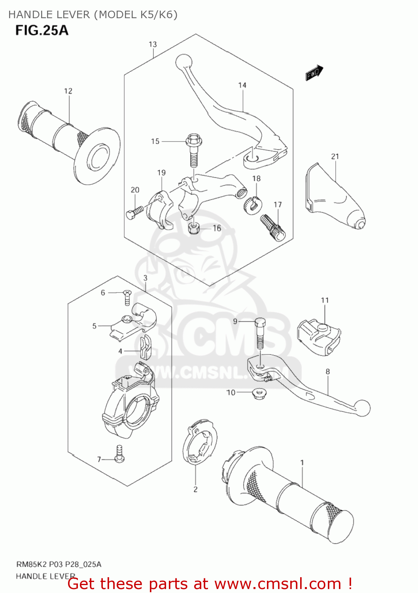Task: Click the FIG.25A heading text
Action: (x=42, y=30)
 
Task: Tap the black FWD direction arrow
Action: (x=314, y=73)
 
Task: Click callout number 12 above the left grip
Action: (x=68, y=91)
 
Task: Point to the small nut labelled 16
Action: (x=194, y=228)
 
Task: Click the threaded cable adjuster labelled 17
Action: (x=272, y=227)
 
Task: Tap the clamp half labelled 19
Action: (x=160, y=210)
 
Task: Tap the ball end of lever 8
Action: (x=363, y=408)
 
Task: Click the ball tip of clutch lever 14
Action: (x=183, y=62)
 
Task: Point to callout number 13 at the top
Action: (x=153, y=44)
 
